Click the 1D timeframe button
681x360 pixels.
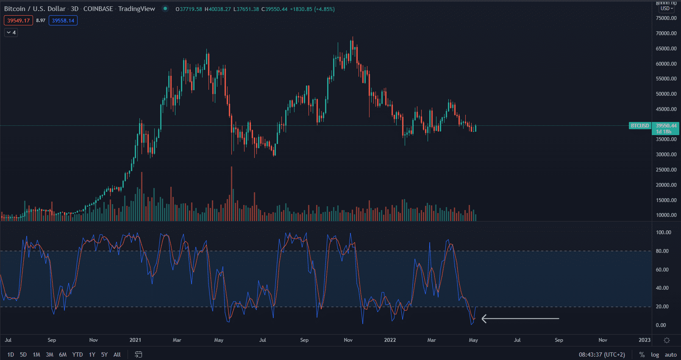click(11, 354)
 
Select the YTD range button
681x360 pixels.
click(78, 354)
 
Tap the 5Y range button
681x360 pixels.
click(104, 354)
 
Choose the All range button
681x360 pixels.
click(117, 354)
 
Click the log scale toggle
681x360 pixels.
click(655, 354)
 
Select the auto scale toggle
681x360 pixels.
click(670, 354)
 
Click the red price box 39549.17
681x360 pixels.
click(18, 20)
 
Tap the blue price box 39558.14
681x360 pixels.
click(63, 20)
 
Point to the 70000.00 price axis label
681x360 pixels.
click(666, 33)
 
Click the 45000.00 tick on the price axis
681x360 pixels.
click(666, 109)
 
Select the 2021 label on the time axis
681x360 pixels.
click(135, 340)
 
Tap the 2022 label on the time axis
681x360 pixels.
click(390, 340)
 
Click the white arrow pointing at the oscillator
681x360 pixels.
click(520, 318)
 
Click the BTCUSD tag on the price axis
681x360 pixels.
click(639, 126)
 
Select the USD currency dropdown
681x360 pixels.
click(667, 8)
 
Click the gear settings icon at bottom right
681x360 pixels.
click(667, 340)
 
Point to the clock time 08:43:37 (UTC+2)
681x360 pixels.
click(602, 354)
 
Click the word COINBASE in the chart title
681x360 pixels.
click(98, 9)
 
